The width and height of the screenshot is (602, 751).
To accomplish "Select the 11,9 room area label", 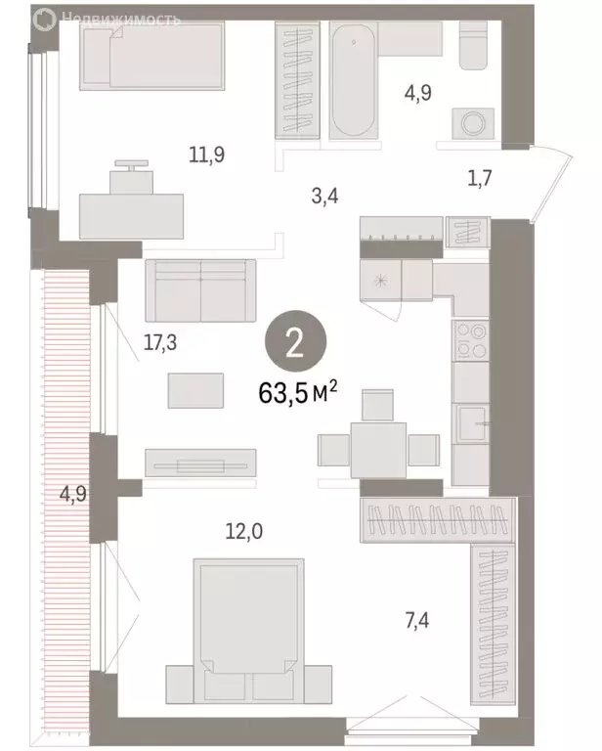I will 207,153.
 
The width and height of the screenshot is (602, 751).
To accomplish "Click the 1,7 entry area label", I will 480,178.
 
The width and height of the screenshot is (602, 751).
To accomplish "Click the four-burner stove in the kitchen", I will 470,341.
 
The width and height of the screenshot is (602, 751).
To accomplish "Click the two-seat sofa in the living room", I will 200,289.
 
